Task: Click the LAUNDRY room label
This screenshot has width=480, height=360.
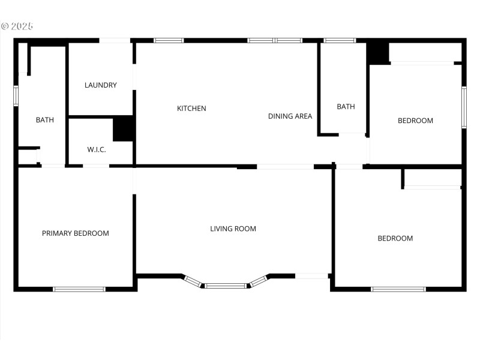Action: (101, 85)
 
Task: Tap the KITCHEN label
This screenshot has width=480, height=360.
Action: (191, 109)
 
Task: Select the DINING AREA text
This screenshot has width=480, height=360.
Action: (290, 116)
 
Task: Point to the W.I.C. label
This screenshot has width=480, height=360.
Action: (97, 149)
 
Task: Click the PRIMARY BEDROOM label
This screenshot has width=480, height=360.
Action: (76, 233)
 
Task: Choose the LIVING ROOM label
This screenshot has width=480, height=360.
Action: (233, 229)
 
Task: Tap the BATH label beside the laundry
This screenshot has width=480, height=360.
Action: (45, 120)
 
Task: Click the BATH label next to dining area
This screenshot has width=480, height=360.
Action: (346, 107)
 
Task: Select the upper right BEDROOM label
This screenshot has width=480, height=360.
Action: (415, 121)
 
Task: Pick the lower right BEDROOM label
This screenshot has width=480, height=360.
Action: (395, 238)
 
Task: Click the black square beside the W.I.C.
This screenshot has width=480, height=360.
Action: (123, 128)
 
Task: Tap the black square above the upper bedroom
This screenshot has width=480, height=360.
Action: (378, 52)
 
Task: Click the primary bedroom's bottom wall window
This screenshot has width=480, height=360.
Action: (79, 289)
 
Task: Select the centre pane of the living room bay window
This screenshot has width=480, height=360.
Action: (226, 286)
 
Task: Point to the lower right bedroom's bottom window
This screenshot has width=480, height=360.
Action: (398, 289)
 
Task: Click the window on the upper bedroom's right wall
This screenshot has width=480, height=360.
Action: (464, 107)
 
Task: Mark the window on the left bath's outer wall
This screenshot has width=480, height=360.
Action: (16, 95)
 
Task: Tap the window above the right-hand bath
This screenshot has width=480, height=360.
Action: (340, 41)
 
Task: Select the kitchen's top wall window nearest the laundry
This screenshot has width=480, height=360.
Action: (169, 41)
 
